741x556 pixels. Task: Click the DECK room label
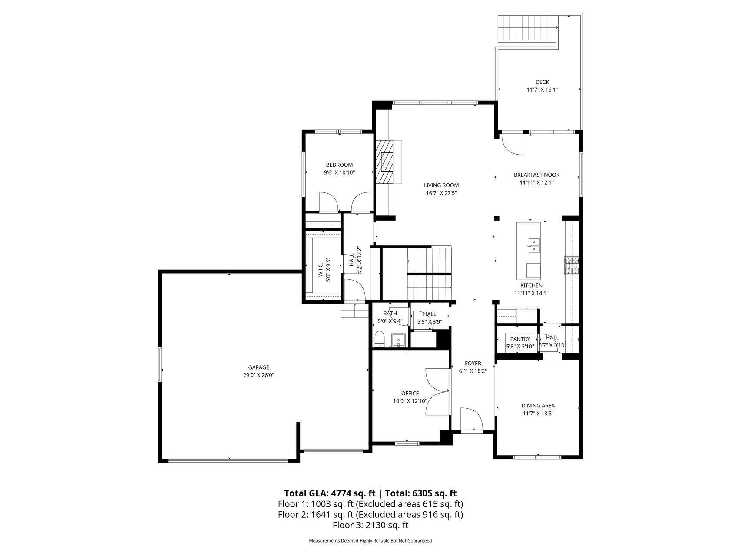click(x=542, y=82)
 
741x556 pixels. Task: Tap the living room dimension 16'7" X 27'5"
click(x=441, y=193)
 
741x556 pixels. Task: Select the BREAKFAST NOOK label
click(x=536, y=175)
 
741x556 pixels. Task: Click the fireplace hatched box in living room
click(x=384, y=162)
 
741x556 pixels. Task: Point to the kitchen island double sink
click(x=534, y=245)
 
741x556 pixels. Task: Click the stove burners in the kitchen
click(x=572, y=265)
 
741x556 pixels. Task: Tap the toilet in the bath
click(x=380, y=339)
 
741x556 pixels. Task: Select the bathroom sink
click(x=398, y=340)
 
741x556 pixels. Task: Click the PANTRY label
click(x=520, y=339)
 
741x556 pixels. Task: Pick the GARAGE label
click(x=258, y=367)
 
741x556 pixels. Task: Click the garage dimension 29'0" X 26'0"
click(x=258, y=375)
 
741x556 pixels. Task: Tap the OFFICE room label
click(x=410, y=394)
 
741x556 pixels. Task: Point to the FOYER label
click(x=473, y=364)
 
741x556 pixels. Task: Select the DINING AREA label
click(x=538, y=406)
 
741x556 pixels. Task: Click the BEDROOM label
click(x=339, y=165)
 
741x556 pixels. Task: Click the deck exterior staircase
click(x=528, y=29)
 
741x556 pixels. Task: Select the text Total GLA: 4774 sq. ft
click(x=330, y=493)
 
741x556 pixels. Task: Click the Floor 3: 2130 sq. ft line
click(x=370, y=525)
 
